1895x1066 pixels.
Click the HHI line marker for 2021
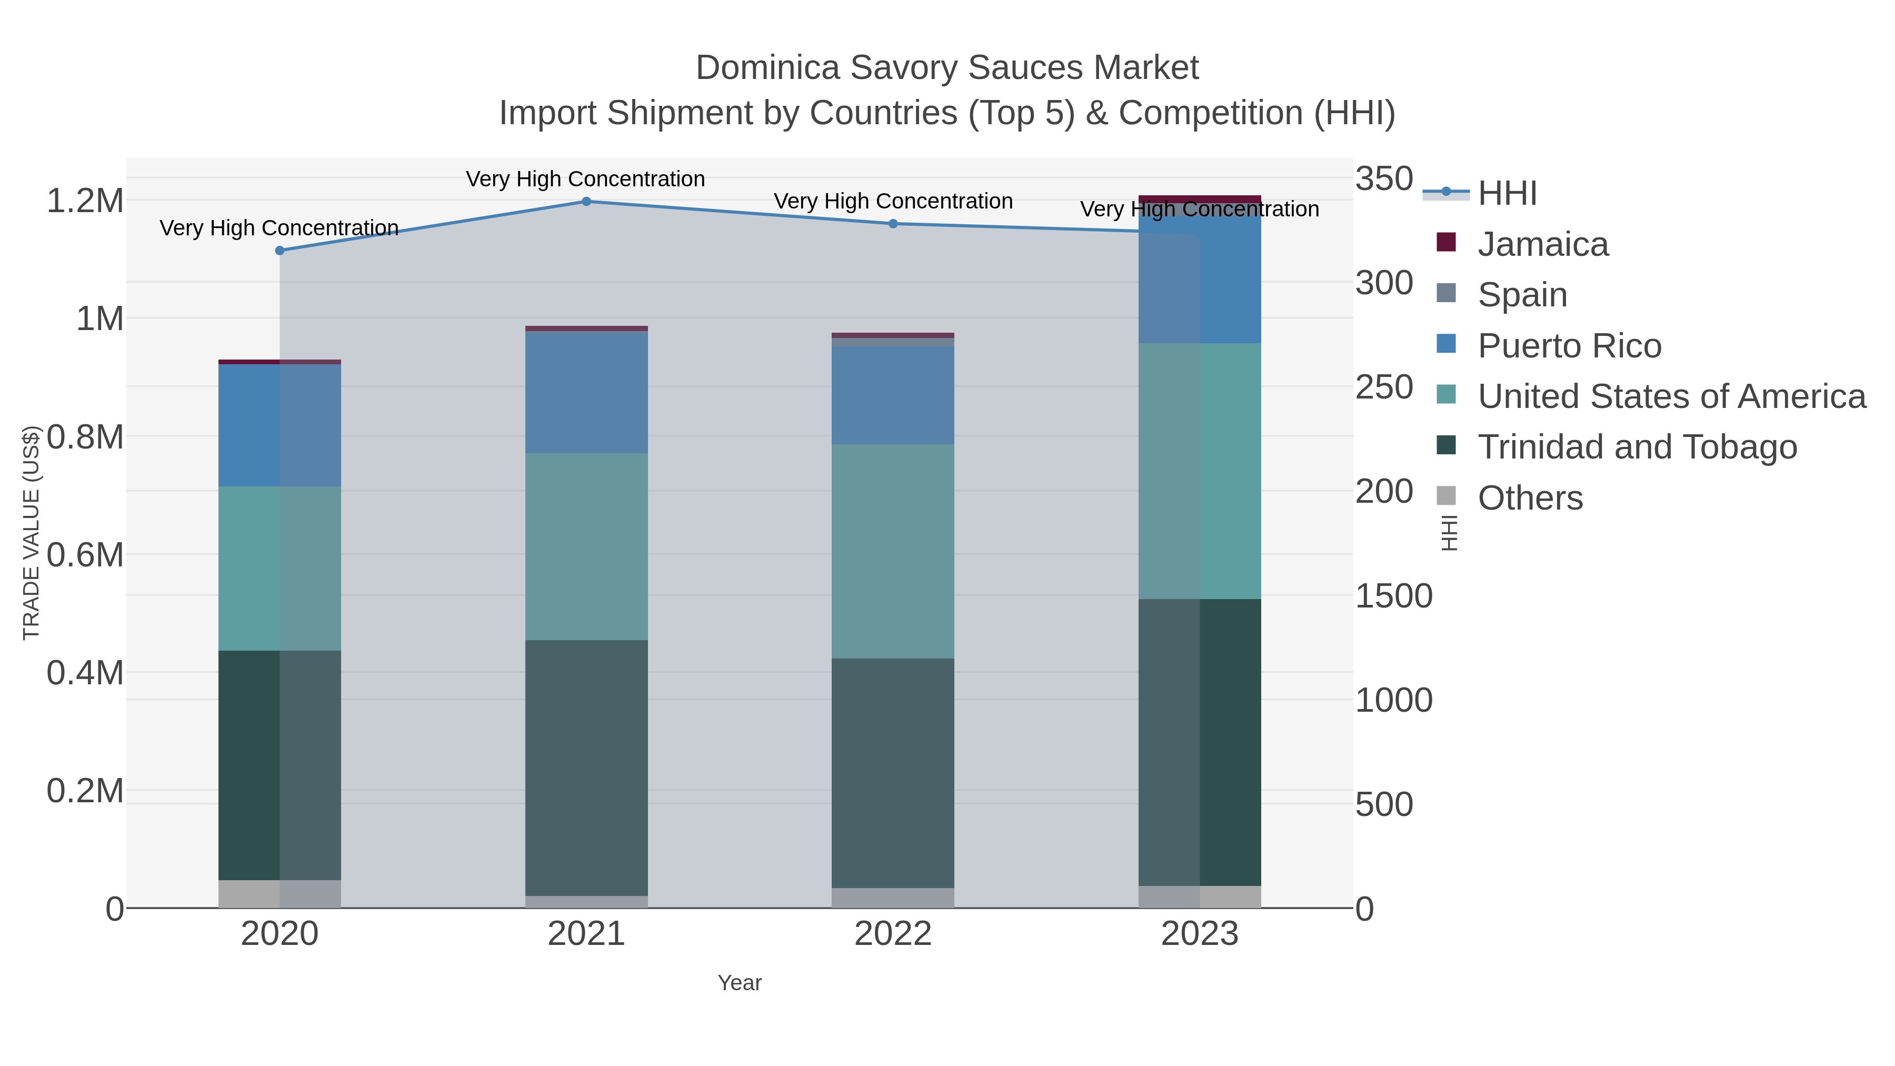coord(586,202)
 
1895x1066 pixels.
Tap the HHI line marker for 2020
coord(280,251)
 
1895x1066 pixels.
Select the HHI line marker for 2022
coord(893,224)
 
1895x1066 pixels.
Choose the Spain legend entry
coord(1521,295)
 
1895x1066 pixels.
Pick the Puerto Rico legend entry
coord(1569,346)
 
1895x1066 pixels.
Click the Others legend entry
coord(1529,498)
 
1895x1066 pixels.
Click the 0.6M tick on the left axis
coord(85,555)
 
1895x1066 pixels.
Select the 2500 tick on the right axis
coord(1384,387)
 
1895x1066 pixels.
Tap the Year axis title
coord(740,983)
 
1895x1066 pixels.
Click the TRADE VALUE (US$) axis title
coord(31,533)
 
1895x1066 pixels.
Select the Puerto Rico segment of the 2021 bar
coord(586,393)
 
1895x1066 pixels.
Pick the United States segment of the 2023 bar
coord(1199,471)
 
